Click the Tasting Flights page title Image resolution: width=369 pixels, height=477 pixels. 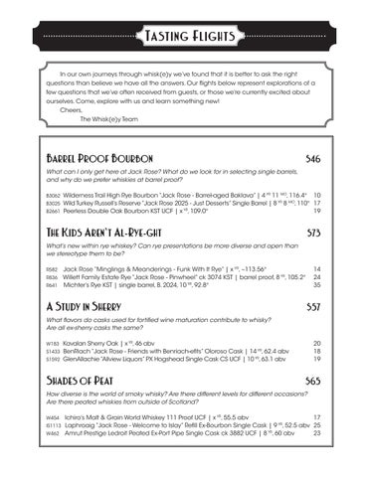tap(184, 39)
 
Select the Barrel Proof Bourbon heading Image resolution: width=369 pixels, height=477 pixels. tap(99, 160)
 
